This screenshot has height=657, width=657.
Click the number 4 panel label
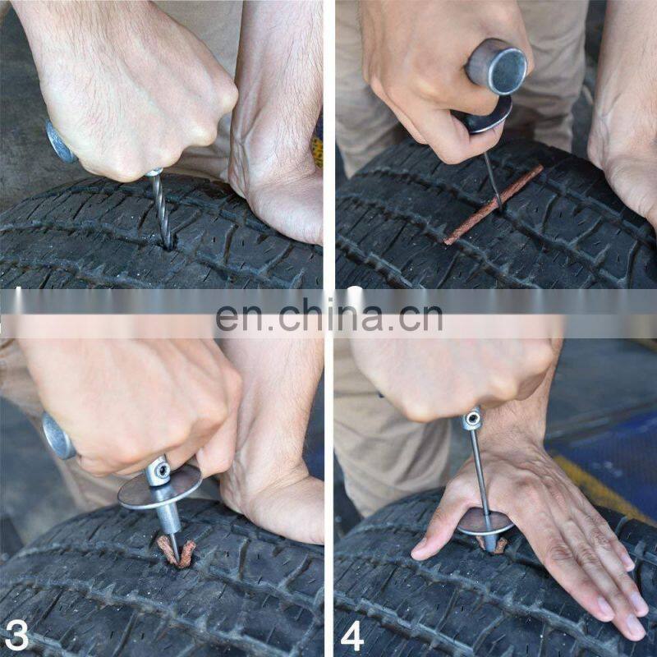(x=352, y=635)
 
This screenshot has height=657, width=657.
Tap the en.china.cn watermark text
(x=329, y=315)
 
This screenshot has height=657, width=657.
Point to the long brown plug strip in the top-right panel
(x=494, y=204)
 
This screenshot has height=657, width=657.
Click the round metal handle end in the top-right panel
(x=497, y=67)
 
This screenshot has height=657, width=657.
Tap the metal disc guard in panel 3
(x=159, y=487)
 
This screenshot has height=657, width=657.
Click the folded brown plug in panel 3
(x=177, y=552)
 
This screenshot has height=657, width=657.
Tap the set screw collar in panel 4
(x=471, y=418)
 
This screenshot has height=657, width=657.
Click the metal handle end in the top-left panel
(x=60, y=142)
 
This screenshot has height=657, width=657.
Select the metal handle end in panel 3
(x=57, y=436)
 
